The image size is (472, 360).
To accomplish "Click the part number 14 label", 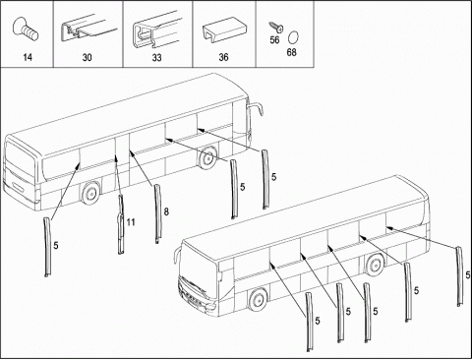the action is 28,57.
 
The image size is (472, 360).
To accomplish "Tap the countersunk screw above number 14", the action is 26,30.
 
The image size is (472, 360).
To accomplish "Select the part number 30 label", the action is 87,57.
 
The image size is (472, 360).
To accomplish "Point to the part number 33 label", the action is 156,57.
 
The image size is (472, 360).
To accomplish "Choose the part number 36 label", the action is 223,57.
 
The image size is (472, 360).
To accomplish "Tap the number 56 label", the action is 274,39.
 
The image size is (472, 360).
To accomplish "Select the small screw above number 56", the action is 276,27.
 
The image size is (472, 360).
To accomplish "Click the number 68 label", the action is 291,52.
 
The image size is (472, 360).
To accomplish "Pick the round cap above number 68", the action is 293,37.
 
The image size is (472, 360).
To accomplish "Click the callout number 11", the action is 131,222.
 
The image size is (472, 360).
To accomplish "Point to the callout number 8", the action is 166,211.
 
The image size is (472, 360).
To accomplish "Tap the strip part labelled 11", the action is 121,224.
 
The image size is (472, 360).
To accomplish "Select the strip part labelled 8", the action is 158,214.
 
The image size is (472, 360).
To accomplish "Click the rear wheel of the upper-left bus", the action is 90,194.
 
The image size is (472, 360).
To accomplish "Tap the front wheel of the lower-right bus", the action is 258,300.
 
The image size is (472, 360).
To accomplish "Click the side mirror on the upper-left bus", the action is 255,109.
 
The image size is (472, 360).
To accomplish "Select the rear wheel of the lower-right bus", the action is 375,264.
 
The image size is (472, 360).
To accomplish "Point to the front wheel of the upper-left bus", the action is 207,158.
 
